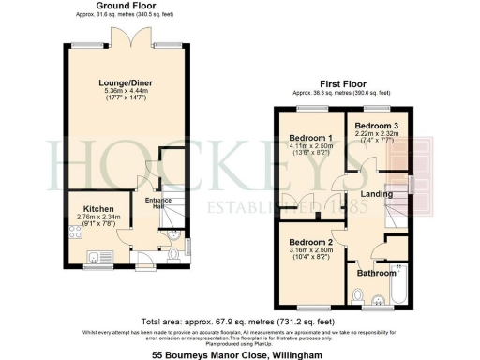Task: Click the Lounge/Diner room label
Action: [x=125, y=82]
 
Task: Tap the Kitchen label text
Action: [x=98, y=208]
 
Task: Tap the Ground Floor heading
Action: [x=125, y=7]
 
